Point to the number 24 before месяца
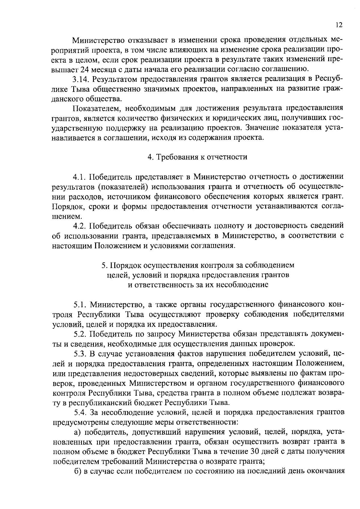[85, 69]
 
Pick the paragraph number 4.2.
[80, 226]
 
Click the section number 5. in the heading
[104, 265]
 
